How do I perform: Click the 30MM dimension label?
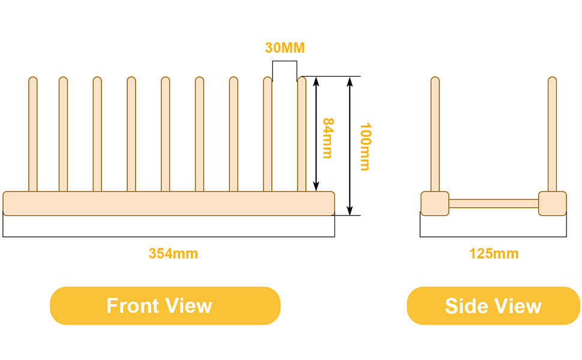(284, 48)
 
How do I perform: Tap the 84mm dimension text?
(328, 138)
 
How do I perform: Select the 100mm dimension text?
(365, 146)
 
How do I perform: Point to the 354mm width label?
(173, 254)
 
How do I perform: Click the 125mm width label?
(494, 254)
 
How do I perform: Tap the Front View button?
(165, 305)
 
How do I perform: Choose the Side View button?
(493, 305)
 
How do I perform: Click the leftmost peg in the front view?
(33, 134)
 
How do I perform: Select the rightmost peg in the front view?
(302, 134)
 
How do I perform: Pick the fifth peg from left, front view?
(166, 134)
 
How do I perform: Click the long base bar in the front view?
(169, 203)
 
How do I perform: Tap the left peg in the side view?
(435, 134)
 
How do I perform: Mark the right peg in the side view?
(553, 134)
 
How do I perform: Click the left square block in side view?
(435, 203)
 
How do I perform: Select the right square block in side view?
(553, 203)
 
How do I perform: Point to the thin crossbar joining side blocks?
(494, 203)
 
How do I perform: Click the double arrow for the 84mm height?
(316, 134)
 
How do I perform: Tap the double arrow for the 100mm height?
(349, 146)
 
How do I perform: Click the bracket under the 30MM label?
(284, 61)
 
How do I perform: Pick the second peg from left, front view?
(63, 134)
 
